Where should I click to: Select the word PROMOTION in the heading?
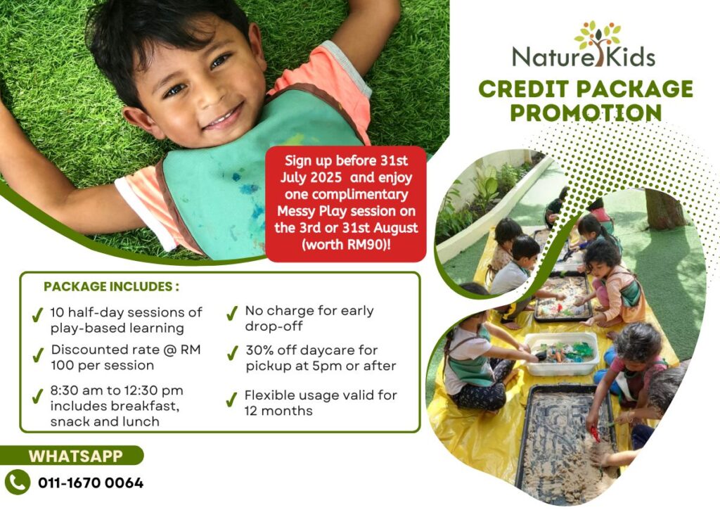(586, 113)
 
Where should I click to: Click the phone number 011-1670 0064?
(91, 483)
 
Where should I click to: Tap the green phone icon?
(18, 483)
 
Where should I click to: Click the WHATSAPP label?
(76, 457)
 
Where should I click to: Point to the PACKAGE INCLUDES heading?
(111, 287)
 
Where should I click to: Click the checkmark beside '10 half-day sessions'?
(38, 315)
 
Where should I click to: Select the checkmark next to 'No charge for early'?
(232, 313)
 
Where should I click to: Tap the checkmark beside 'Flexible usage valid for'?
(232, 400)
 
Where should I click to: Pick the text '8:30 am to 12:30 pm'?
(117, 390)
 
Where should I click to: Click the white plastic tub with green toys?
(561, 353)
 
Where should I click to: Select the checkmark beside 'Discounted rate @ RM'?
(38, 355)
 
